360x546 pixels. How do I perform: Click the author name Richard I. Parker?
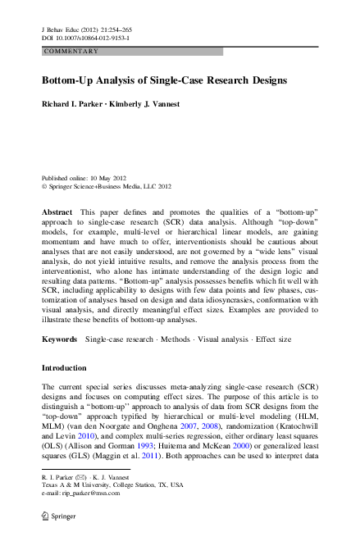(78, 105)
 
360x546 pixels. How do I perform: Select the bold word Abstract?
(57, 212)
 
